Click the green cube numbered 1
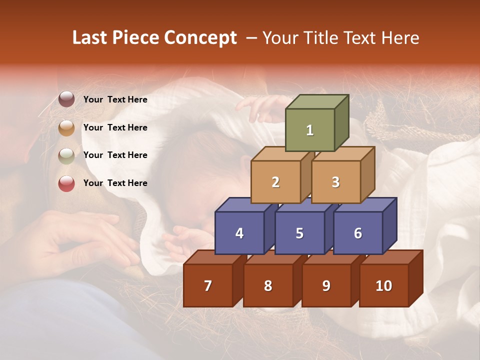pyautogui.click(x=310, y=130)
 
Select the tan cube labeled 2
pyautogui.click(x=275, y=182)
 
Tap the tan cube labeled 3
pyautogui.click(x=335, y=182)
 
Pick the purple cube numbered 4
pyautogui.click(x=239, y=233)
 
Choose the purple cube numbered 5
pyautogui.click(x=299, y=233)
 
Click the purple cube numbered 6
pyautogui.click(x=358, y=233)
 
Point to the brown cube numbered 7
pyautogui.click(x=208, y=285)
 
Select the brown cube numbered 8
pyautogui.click(x=268, y=285)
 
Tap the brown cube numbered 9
pyautogui.click(x=326, y=285)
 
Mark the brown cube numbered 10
pyautogui.click(x=384, y=285)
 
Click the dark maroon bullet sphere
pyautogui.click(x=66, y=99)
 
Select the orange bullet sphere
pyautogui.click(x=66, y=127)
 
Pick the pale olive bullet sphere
pyautogui.click(x=66, y=155)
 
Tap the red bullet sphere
pyautogui.click(x=66, y=183)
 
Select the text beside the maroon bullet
pyautogui.click(x=115, y=99)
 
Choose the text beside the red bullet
pyautogui.click(x=115, y=183)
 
